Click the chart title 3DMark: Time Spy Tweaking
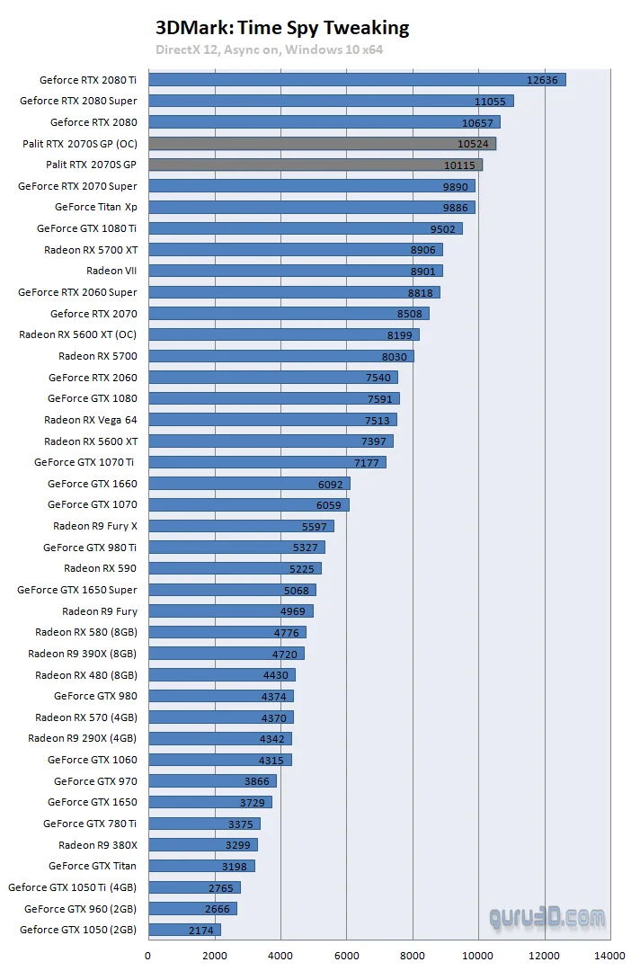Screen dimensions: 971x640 [x=282, y=28]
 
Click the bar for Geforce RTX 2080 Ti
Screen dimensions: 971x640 [x=357, y=80]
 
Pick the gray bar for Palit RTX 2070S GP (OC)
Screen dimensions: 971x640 [x=322, y=144]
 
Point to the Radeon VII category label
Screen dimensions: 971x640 [x=111, y=271]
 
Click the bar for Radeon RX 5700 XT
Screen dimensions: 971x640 [x=295, y=250]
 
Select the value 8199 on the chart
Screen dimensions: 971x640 [x=400, y=334]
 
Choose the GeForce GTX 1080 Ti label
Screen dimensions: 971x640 [x=86, y=228]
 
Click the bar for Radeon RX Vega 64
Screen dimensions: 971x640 [x=272, y=420]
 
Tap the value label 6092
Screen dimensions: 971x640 [x=330, y=484]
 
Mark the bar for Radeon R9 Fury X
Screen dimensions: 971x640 [x=241, y=526]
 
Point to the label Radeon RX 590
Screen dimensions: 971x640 [x=101, y=568]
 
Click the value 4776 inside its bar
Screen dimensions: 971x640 [x=286, y=632]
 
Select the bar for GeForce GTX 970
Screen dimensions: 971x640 [x=212, y=781]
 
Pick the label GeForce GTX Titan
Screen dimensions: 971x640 [x=93, y=866]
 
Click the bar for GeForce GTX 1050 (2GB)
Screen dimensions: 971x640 [x=184, y=930]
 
